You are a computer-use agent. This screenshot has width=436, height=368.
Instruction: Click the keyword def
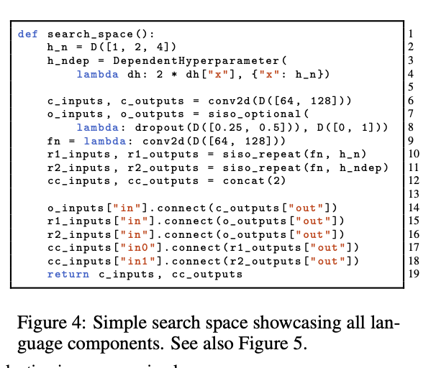point(27,34)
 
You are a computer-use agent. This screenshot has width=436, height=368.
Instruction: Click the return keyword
point(68,274)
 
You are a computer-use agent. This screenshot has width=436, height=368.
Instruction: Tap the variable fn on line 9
point(54,140)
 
